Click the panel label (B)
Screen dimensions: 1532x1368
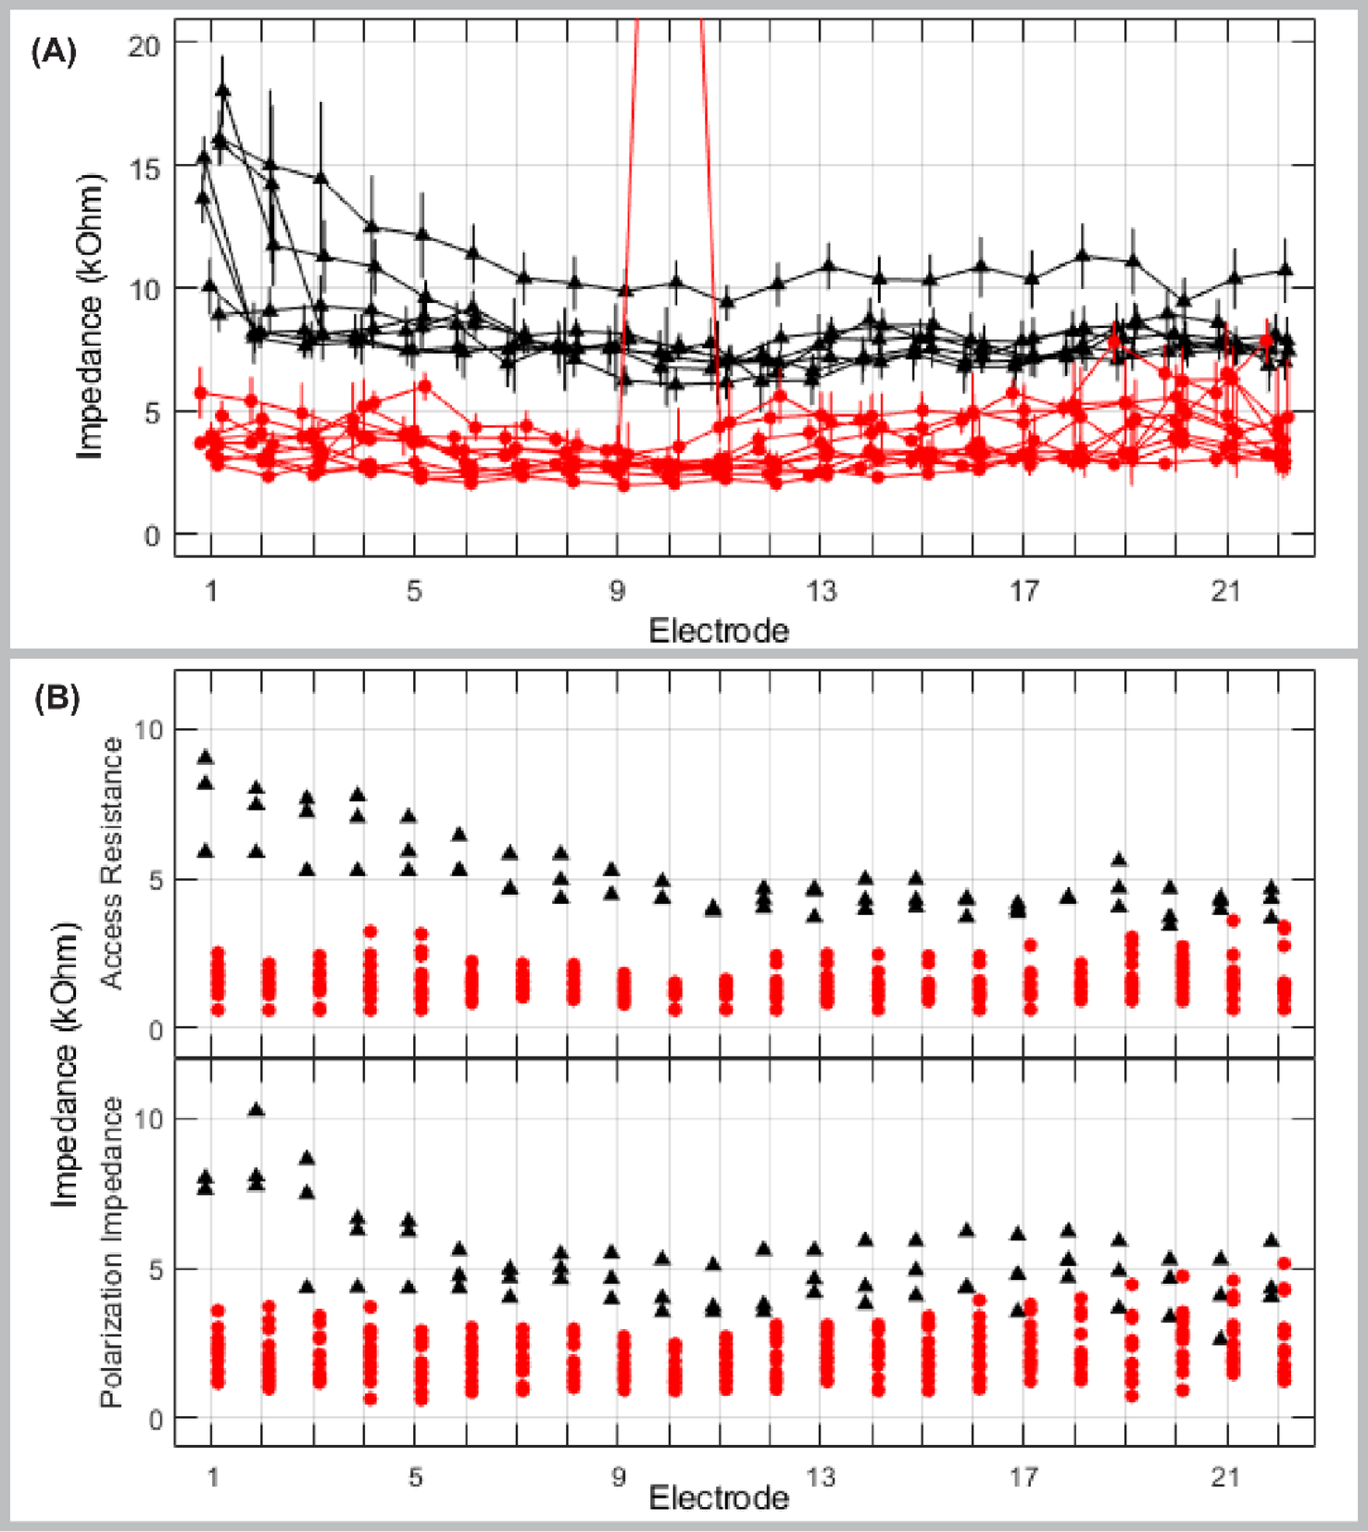56,697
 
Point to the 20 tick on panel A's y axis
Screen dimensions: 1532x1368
144,45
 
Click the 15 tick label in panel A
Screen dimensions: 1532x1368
144,169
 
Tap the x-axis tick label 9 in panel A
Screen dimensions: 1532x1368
618,591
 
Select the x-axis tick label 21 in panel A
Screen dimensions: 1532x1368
1225,591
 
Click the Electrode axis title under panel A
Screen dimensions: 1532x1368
719,631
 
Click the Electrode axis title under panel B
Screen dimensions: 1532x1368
719,1498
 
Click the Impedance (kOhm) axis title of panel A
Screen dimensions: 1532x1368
90,317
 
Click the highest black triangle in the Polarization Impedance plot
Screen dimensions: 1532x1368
257,1110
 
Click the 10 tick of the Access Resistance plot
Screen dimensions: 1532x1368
147,730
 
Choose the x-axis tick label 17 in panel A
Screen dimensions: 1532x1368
1023,591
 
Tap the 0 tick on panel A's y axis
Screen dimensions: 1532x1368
152,536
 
